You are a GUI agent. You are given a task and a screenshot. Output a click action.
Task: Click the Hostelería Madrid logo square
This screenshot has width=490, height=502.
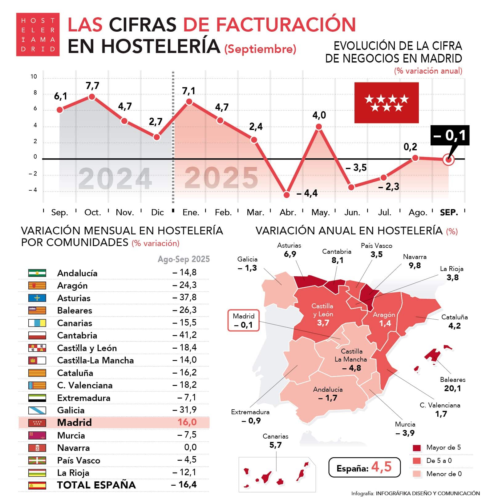38,34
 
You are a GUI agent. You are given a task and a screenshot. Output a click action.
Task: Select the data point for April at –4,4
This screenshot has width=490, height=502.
286,195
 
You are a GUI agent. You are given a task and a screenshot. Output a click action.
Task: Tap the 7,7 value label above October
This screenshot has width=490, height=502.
92,86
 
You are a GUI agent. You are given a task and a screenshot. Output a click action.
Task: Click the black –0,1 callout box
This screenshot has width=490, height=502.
450,135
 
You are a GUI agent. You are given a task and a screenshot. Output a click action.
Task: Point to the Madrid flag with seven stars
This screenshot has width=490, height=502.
386,103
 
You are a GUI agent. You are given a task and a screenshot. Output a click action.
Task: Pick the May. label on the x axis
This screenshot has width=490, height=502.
320,213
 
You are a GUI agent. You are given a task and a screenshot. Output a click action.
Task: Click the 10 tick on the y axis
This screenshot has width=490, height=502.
34,77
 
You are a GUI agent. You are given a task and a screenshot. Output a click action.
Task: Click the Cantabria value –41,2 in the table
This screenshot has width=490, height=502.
184,335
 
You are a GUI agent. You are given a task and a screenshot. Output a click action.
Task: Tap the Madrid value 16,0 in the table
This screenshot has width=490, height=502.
187,422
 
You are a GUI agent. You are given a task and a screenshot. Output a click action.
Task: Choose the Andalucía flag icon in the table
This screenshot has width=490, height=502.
37,273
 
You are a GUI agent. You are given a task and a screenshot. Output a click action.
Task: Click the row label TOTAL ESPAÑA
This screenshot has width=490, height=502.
96,485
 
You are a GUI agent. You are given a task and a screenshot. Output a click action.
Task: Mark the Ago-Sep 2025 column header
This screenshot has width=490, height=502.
184,259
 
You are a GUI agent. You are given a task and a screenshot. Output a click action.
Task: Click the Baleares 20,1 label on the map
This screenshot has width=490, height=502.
452,384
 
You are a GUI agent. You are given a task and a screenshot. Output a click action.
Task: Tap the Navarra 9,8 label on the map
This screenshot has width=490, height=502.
415,261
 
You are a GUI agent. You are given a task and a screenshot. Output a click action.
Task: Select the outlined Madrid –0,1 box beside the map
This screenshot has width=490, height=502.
243,321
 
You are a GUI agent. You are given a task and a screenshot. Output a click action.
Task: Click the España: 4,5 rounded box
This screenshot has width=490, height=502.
364,468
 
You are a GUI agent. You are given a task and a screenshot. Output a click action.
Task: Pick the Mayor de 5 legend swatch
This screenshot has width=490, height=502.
417,448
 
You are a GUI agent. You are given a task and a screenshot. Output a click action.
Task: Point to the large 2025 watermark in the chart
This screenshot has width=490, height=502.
221,178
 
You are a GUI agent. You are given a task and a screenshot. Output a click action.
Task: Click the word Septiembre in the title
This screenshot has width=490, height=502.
260,49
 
